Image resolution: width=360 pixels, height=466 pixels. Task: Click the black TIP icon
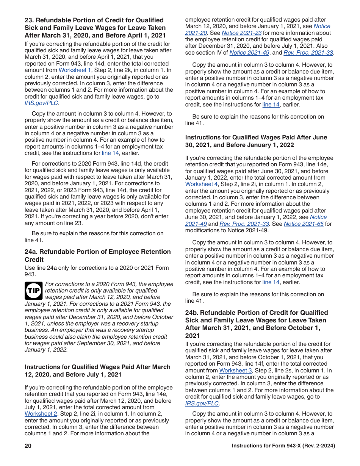coord(34,291)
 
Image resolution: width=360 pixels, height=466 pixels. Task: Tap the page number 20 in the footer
coord(28,446)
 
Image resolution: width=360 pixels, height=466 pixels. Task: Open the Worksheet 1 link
coord(75,70)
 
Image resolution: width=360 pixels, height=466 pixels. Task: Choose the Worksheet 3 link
coord(235,371)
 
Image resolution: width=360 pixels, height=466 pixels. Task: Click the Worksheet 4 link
coord(201,184)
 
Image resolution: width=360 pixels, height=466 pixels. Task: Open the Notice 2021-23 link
coord(242,33)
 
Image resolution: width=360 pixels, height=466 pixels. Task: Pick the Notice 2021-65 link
coord(304,224)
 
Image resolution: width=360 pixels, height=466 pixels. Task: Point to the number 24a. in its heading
coord(31,252)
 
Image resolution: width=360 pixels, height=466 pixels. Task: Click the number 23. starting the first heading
coord(30,20)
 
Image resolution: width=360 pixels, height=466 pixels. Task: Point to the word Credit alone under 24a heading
coord(34,260)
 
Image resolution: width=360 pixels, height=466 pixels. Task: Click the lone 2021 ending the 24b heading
coord(193,336)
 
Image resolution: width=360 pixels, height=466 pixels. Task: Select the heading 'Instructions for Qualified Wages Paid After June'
coord(256,138)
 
